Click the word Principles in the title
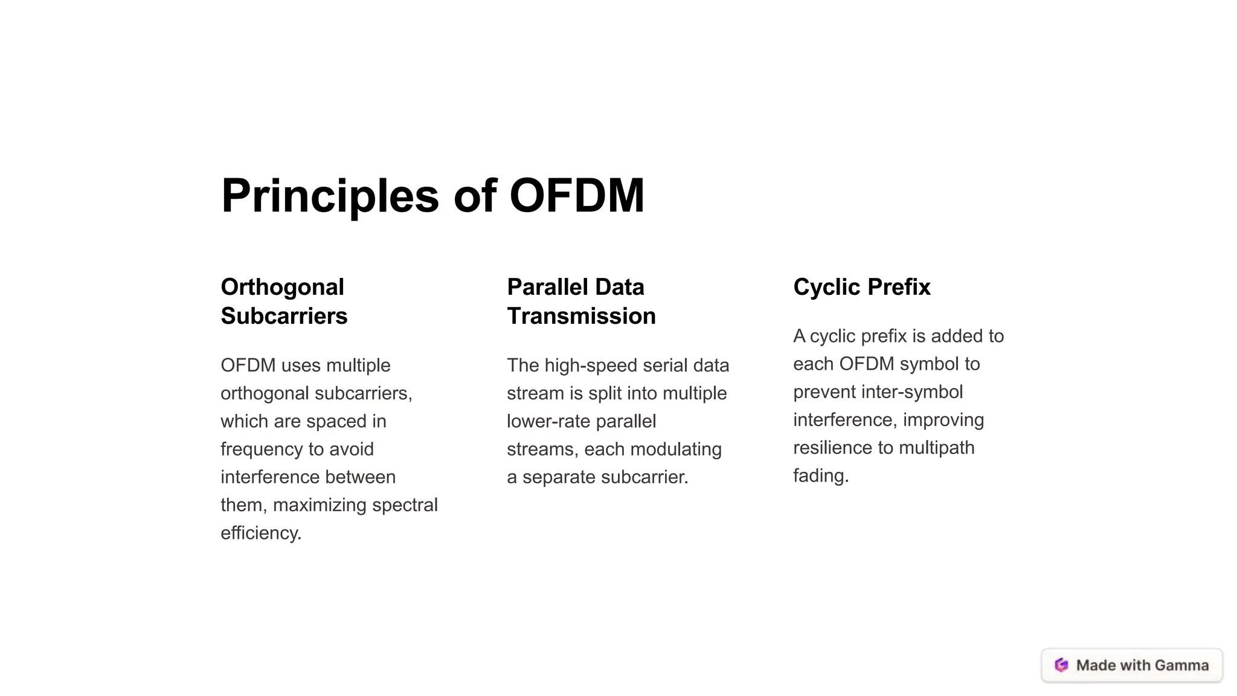pos(330,196)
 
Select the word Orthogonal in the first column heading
pos(282,287)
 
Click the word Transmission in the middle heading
pos(581,316)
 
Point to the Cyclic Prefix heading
pos(861,287)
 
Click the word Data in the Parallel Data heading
pos(618,287)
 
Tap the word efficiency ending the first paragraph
pos(260,533)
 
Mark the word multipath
pos(936,448)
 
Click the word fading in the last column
pos(820,476)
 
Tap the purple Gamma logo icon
pos(1061,665)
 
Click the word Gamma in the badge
pos(1181,665)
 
